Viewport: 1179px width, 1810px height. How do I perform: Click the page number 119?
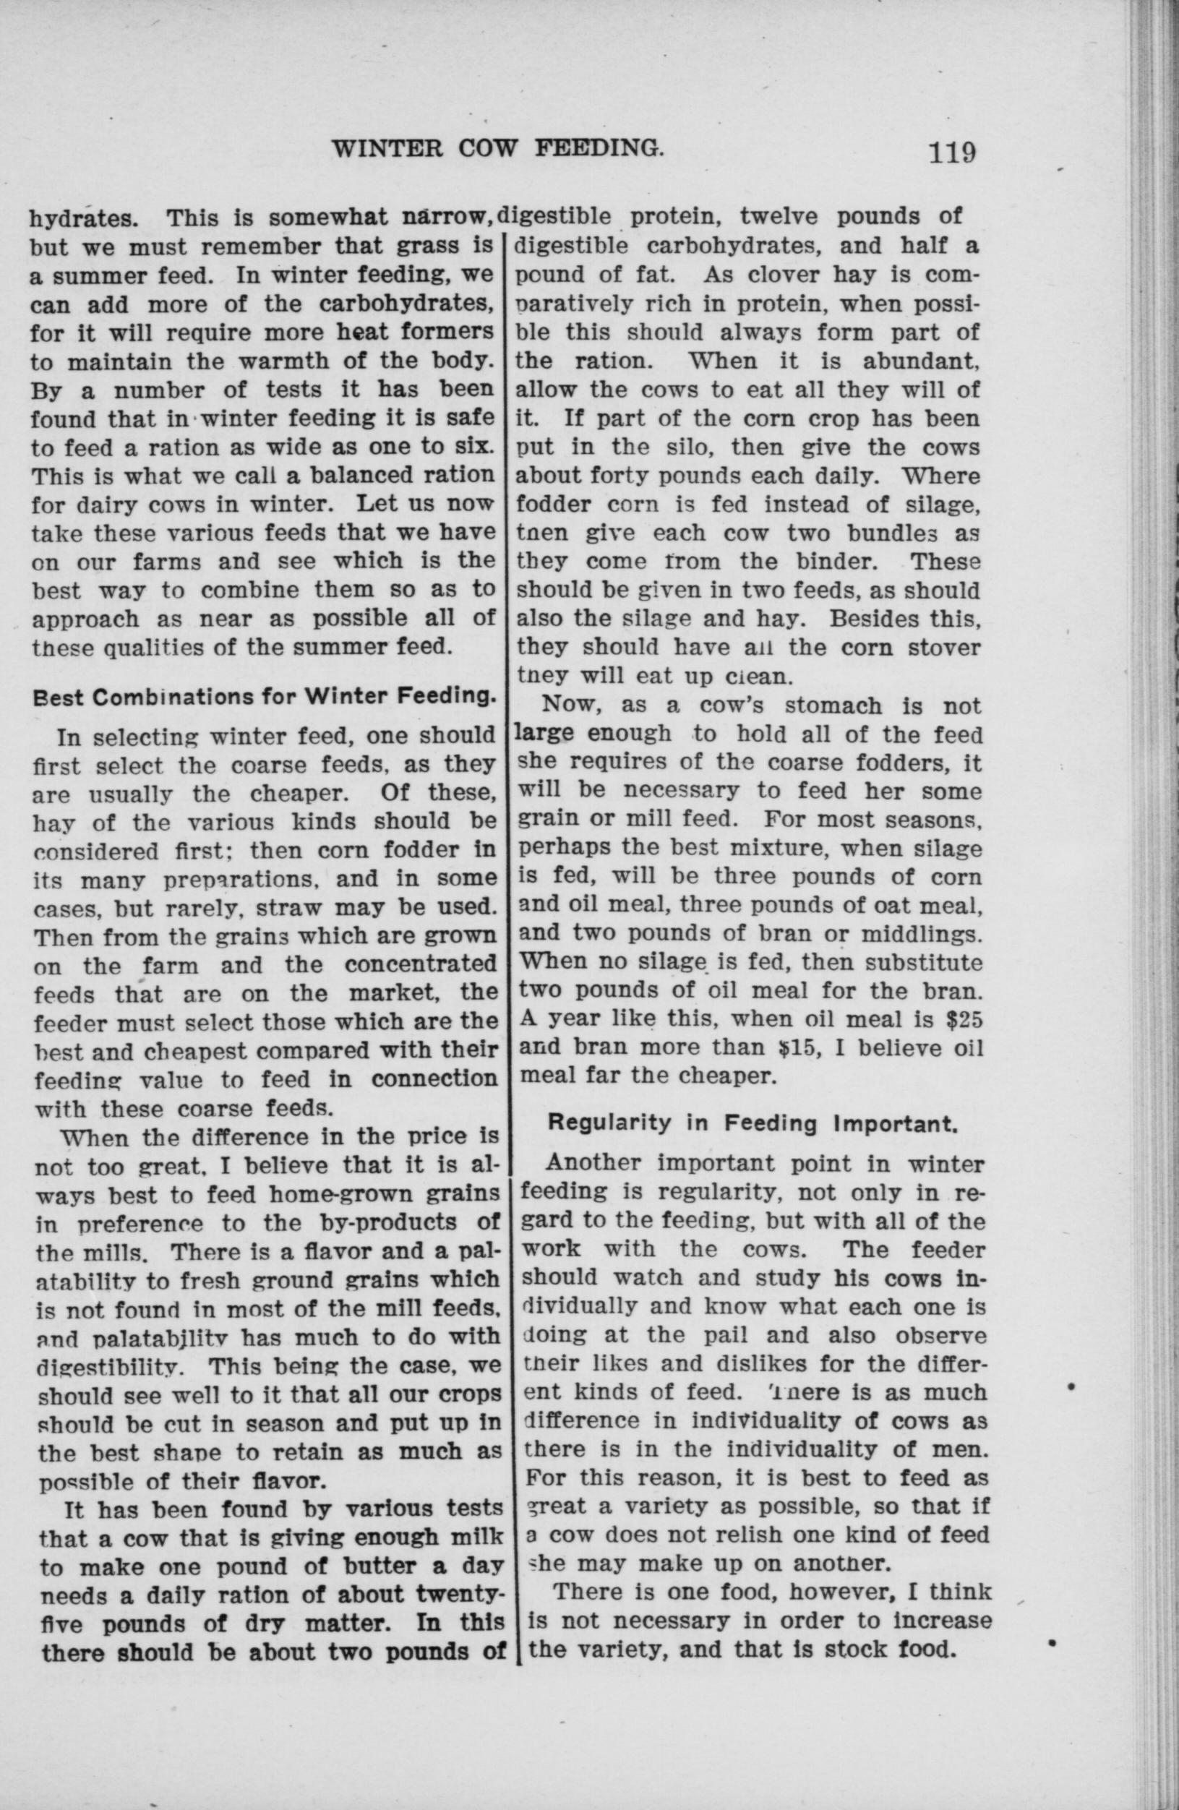pyautogui.click(x=950, y=152)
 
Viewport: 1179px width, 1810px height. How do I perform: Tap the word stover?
pyautogui.click(x=943, y=648)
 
